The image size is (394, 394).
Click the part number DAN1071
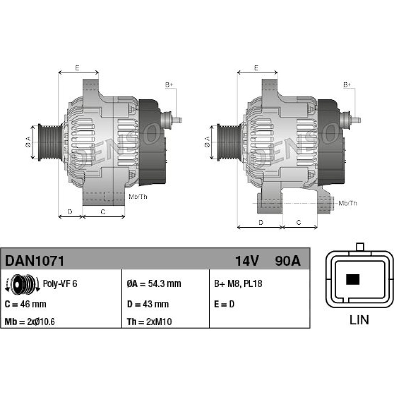pos(35,261)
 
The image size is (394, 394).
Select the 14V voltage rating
pos(247,261)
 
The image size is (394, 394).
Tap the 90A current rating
pos(288,261)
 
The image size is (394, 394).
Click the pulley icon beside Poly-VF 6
pos(22,284)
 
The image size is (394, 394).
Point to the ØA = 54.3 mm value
pos(154,284)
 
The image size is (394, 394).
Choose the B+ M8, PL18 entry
pos(238,284)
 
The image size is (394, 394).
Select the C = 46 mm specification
pos(25,304)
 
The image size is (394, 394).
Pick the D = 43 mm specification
pos(148,304)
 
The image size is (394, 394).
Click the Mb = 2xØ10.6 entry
pos(30,322)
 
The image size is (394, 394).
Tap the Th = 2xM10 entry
pos(149,322)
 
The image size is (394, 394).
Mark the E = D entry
pos(224,304)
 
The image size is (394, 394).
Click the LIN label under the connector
pos(359,320)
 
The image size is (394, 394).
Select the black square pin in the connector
pos(353,279)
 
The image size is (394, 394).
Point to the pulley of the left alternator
pos(50,142)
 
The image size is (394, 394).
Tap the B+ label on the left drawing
pos(169,85)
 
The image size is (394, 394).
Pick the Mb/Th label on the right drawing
pos(348,203)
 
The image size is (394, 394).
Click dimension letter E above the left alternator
pos(77,68)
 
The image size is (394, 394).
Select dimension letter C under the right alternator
pos(299,222)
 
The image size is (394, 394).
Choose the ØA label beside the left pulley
pos(28,142)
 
